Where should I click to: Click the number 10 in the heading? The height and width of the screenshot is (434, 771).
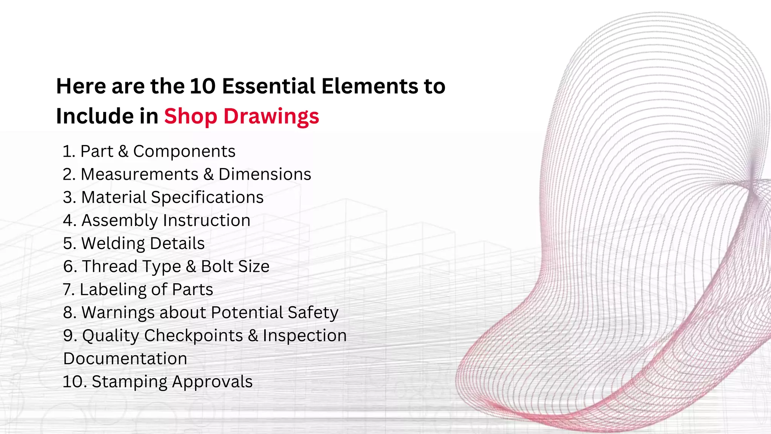pos(202,86)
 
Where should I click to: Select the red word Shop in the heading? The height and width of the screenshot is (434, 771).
pos(190,116)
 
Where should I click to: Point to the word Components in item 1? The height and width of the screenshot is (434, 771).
pos(184,151)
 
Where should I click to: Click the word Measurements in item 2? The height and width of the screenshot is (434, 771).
pos(139,174)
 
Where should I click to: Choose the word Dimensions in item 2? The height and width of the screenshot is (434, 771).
pos(265,174)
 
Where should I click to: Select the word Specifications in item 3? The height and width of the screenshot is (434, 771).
pos(207,197)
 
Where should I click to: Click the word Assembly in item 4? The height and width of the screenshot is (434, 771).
pos(120,221)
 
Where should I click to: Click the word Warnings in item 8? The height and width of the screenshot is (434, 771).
pos(118,313)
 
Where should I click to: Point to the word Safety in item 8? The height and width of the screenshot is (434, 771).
pos(313,313)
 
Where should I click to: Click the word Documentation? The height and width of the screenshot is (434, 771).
pos(125,359)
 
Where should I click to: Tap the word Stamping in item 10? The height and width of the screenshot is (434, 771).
pos(129,382)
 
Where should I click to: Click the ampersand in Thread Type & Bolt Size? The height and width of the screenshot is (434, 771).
pos(191,267)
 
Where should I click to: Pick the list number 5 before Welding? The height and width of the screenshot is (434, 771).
pos(69,244)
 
